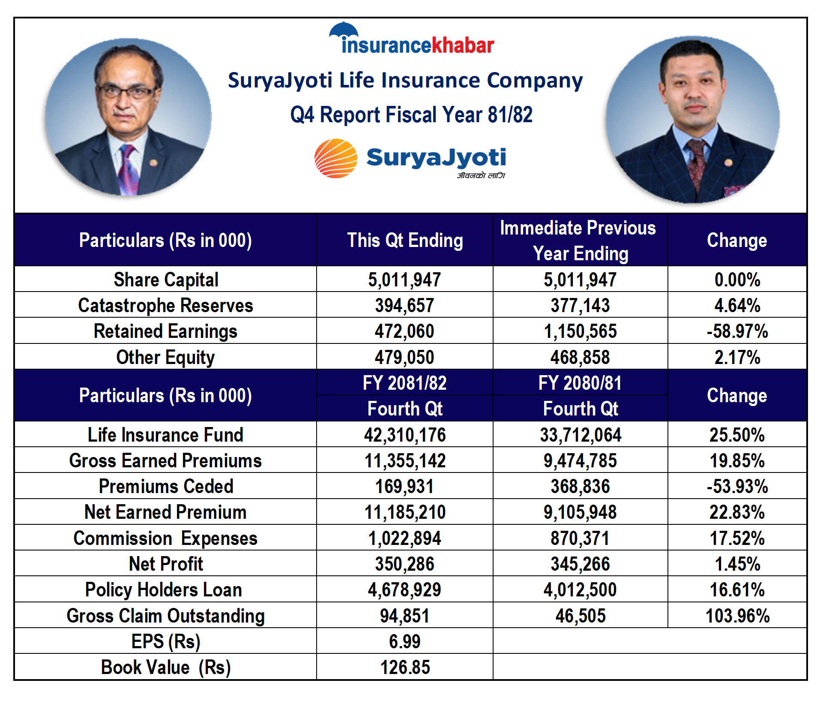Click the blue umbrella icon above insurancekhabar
pyautogui.click(x=344, y=30)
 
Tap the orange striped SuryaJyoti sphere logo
pyautogui.click(x=336, y=158)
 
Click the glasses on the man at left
pyautogui.click(x=127, y=92)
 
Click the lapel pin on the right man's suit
pyautogui.click(x=728, y=162)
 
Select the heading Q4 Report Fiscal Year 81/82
pyautogui.click(x=411, y=115)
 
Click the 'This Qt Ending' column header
pyautogui.click(x=405, y=240)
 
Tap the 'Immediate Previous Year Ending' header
pyautogui.click(x=579, y=240)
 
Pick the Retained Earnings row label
pyautogui.click(x=165, y=331)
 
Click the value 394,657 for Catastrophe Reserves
pyautogui.click(x=405, y=305)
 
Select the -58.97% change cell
pyautogui.click(x=737, y=331)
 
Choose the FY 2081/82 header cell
pyautogui.click(x=405, y=383)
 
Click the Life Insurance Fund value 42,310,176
pyautogui.click(x=405, y=435)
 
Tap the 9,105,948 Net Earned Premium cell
pyautogui.click(x=580, y=512)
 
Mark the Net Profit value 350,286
pyautogui.click(x=405, y=564)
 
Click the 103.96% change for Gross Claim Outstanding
pyautogui.click(x=737, y=616)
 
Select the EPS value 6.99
pyautogui.click(x=405, y=641)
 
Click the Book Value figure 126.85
pyautogui.click(x=405, y=667)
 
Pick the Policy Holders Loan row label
pyautogui.click(x=164, y=590)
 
